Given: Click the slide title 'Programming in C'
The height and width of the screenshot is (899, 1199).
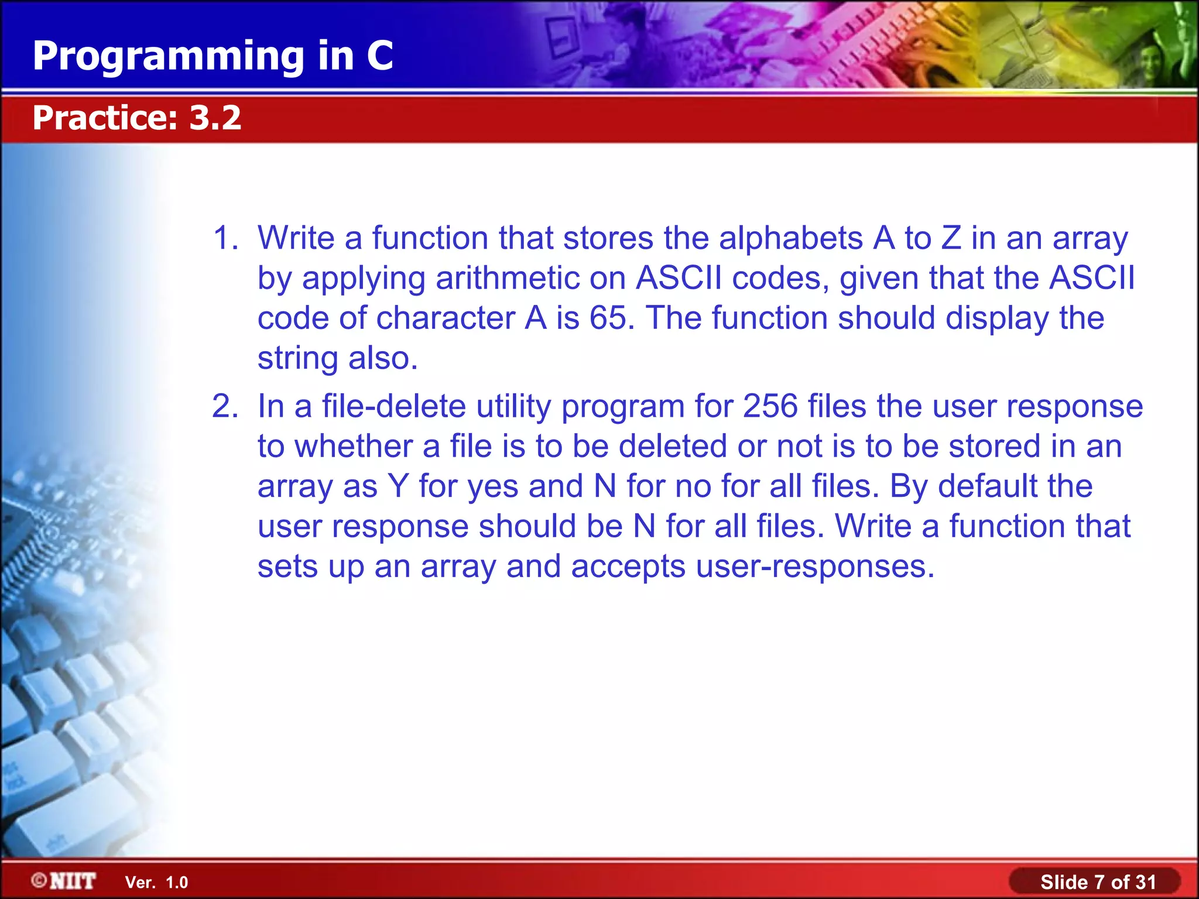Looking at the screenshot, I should [213, 56].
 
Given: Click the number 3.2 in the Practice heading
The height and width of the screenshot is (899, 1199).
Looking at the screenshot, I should [215, 118].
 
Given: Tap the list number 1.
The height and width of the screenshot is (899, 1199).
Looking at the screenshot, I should [225, 238].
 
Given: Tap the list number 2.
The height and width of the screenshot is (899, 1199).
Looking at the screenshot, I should [225, 406].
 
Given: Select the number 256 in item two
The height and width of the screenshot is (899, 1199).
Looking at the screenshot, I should [770, 406].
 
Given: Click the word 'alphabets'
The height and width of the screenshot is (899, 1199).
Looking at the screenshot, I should [790, 238].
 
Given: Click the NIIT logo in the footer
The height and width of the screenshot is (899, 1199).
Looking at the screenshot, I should [64, 881].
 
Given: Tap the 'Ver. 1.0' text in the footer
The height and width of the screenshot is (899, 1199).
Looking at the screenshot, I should [156, 883].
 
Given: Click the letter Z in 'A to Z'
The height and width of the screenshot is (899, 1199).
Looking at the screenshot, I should [951, 238].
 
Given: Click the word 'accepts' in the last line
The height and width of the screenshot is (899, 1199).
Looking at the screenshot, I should [628, 566].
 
